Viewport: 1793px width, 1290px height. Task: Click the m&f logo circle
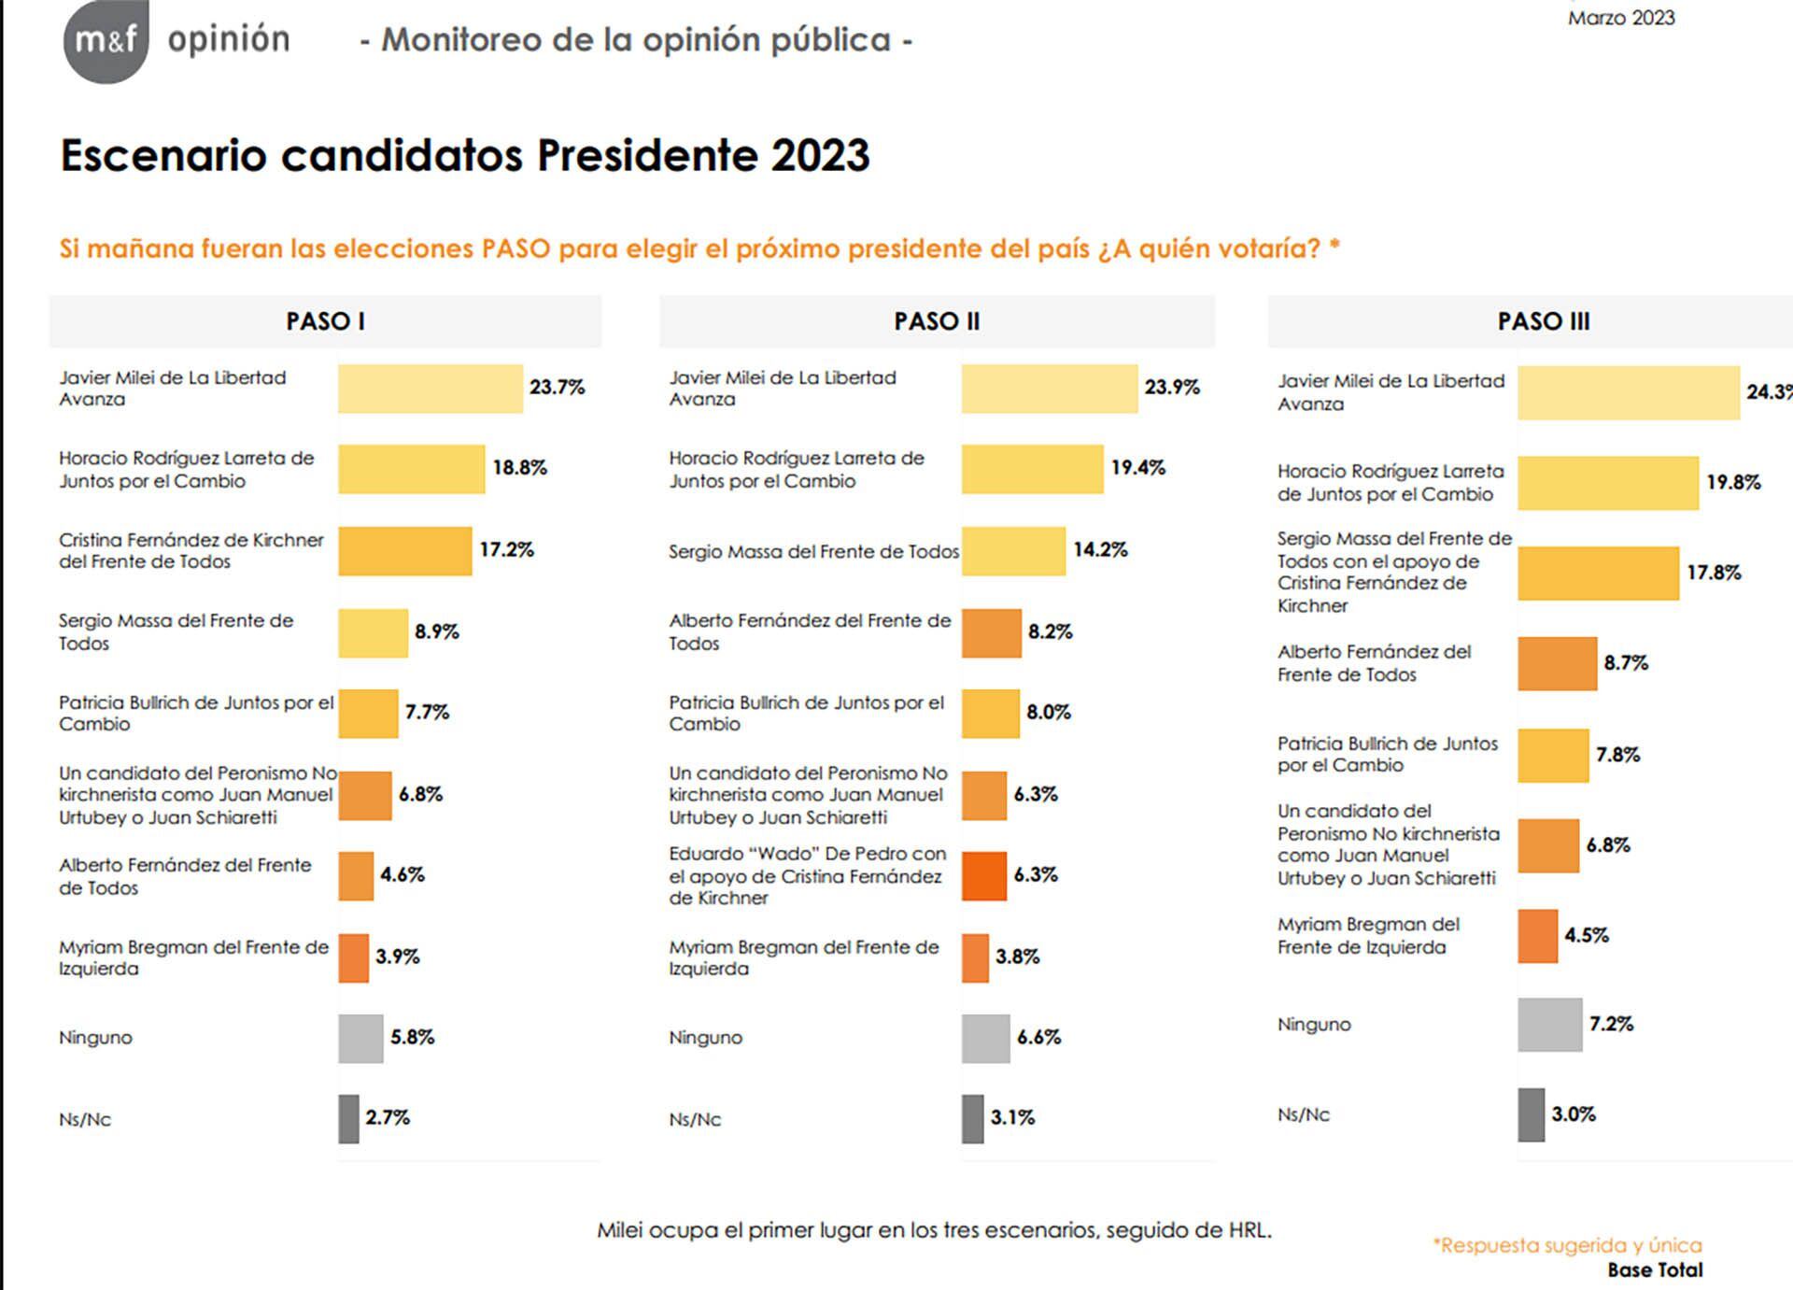click(x=106, y=40)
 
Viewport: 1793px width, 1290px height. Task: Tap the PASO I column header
click(x=325, y=321)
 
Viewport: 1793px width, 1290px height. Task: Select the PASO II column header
click(x=937, y=321)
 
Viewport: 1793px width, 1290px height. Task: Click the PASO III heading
click(x=1543, y=321)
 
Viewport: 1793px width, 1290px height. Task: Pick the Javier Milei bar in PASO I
click(x=430, y=389)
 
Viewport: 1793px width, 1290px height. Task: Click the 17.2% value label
click(x=506, y=549)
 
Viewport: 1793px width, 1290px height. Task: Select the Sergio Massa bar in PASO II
click(x=1013, y=551)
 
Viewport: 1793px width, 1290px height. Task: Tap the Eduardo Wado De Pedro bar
click(x=984, y=876)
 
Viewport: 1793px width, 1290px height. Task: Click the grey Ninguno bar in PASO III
click(x=1549, y=1025)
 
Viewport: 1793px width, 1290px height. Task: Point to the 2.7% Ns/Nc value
click(x=388, y=1117)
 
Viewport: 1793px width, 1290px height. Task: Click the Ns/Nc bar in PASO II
click(x=972, y=1119)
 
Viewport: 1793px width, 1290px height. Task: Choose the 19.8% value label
click(x=1733, y=483)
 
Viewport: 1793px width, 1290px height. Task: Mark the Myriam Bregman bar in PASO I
click(x=353, y=957)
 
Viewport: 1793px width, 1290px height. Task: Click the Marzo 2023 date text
click(x=1621, y=18)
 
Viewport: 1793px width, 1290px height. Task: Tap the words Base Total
click(x=1655, y=1270)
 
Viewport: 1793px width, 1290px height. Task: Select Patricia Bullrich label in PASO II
click(x=806, y=713)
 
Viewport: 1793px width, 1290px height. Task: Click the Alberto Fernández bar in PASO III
click(x=1557, y=664)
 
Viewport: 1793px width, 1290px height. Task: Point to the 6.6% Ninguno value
click(x=1038, y=1037)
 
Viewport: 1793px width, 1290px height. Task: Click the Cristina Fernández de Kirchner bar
click(x=404, y=551)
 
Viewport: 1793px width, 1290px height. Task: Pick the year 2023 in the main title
click(x=820, y=156)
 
